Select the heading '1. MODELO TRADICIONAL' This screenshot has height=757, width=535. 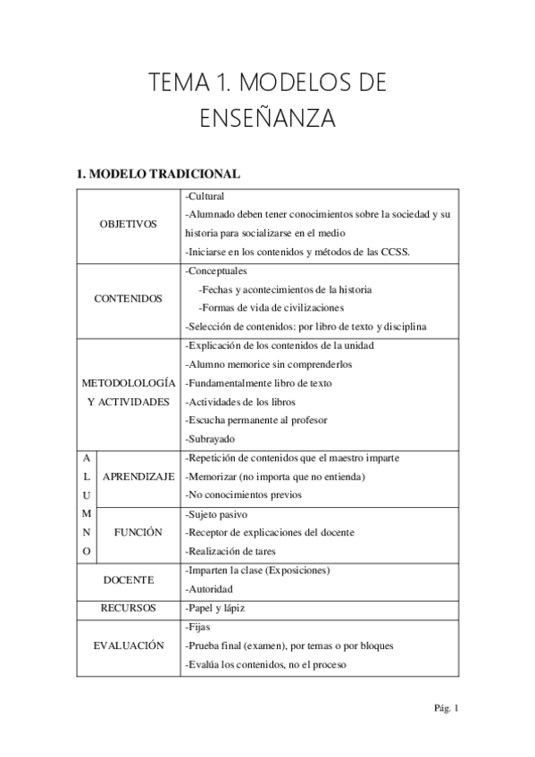(x=158, y=173)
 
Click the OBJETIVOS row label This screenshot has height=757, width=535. (x=128, y=224)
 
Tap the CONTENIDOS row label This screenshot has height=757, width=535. (x=128, y=299)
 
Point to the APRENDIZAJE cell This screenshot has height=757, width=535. (x=138, y=477)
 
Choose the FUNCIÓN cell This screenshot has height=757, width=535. (x=138, y=532)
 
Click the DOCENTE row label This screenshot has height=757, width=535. (x=128, y=579)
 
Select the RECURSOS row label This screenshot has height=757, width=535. (x=128, y=608)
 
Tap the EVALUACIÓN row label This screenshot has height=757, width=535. (x=128, y=645)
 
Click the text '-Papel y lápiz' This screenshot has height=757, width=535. (x=214, y=608)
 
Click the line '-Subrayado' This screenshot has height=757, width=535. (x=209, y=439)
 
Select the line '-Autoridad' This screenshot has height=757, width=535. (x=209, y=589)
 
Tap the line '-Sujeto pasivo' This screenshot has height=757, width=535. (x=215, y=514)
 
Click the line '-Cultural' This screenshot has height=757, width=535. (x=205, y=196)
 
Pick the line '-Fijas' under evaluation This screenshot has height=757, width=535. (x=198, y=627)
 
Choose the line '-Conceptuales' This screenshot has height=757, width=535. (x=216, y=271)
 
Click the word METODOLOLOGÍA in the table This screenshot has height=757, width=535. (x=128, y=383)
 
